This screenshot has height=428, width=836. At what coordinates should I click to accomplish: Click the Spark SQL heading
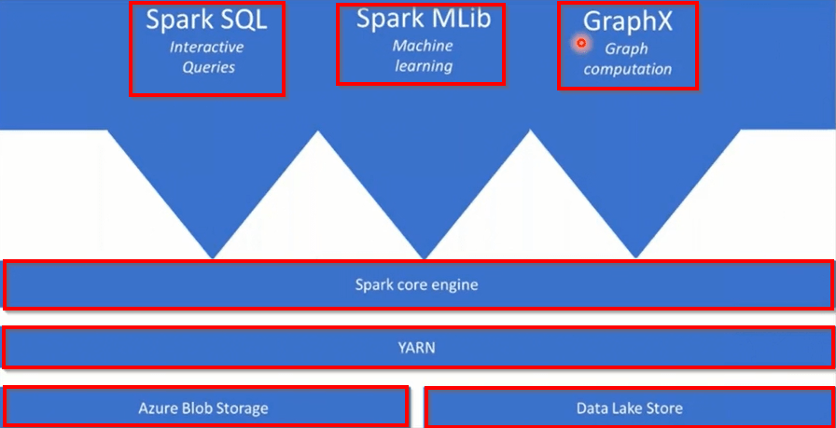coord(206,20)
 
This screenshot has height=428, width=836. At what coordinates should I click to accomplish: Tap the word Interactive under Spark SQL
coord(206,47)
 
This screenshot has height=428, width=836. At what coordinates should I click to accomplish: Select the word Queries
coord(208,67)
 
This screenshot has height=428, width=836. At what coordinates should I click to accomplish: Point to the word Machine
coord(423,45)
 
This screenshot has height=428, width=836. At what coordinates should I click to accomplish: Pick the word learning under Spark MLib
coord(423,66)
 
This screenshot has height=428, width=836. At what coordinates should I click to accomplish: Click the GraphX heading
coord(627,21)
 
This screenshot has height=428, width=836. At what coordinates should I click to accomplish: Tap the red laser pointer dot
coord(581,43)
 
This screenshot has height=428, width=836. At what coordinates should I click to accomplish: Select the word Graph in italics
coord(626,48)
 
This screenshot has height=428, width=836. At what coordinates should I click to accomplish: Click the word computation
coord(627,69)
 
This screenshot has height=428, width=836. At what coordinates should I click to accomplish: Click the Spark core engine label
coord(416,284)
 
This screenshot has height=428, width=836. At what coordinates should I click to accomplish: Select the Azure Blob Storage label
coord(203,407)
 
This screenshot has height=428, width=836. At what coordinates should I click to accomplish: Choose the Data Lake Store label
coord(630,407)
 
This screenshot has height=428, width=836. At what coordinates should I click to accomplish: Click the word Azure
coord(158,407)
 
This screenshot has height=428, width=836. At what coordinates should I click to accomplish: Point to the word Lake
coord(630,407)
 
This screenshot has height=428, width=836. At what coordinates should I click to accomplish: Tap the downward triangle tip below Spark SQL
coord(214,255)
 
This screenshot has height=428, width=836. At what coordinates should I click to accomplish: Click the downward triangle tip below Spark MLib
coord(425,256)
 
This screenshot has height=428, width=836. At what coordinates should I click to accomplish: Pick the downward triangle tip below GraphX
coord(636,255)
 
